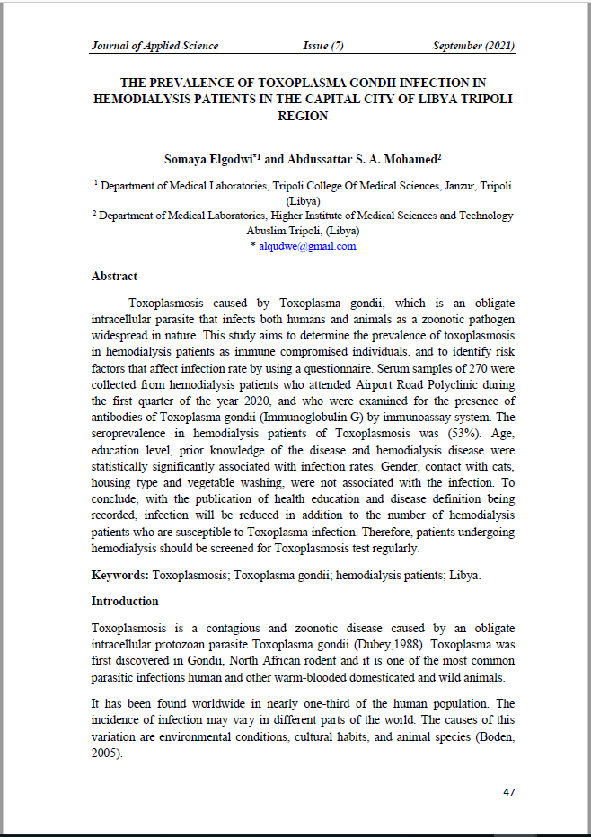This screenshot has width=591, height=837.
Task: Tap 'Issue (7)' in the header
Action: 323,46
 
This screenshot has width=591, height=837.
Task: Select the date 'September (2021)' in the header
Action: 473,46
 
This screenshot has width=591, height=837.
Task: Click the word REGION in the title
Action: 303,116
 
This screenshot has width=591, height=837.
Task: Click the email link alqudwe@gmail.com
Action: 307,246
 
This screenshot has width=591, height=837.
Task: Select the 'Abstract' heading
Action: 114,277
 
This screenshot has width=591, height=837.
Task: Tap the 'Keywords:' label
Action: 120,573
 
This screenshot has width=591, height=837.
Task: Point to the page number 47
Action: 508,792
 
